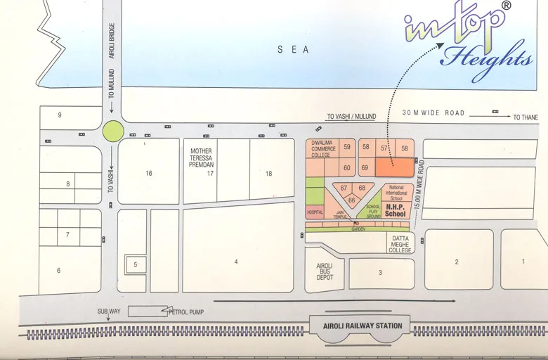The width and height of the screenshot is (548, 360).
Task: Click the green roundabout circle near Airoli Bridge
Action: [112, 131]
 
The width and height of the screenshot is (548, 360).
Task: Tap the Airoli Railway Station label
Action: [360, 326]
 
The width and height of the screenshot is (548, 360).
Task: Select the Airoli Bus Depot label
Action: [324, 271]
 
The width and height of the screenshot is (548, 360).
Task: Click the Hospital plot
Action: [314, 212]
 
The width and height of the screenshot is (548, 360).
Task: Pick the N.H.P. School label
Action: [396, 211]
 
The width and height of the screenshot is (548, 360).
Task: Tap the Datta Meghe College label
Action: [400, 244]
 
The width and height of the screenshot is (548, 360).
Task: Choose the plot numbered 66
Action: [352, 200]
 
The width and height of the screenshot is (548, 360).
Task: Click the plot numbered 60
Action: [347, 167]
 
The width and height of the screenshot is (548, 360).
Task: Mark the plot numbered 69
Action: [365, 167]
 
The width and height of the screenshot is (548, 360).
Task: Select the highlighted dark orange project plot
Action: [393, 167]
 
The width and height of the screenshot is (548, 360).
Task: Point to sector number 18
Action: [268, 173]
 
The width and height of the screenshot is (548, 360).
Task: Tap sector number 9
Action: [60, 115]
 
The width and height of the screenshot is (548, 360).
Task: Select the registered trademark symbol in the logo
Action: [506, 5]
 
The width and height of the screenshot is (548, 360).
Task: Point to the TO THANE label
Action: [526, 117]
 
